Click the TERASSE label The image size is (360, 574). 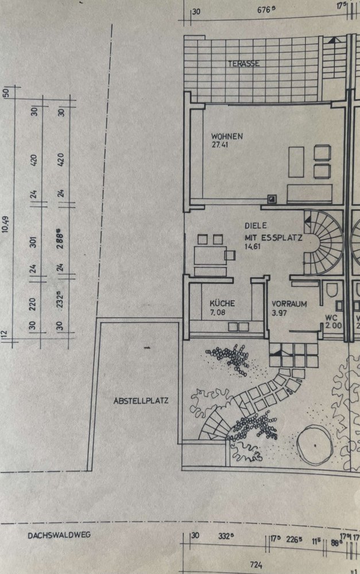pyautogui.click(x=244, y=64)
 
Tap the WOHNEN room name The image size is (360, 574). pyautogui.click(x=227, y=136)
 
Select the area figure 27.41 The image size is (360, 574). pyautogui.click(x=220, y=145)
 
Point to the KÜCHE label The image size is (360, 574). pyautogui.click(x=222, y=304)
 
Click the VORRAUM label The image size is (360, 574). pyautogui.click(x=289, y=304)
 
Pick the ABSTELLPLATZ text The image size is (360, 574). pyautogui.click(x=141, y=401)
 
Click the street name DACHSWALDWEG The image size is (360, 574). pyautogui.click(x=59, y=535)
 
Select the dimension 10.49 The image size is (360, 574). pyautogui.click(x=6, y=224)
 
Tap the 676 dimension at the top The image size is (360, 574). pyautogui.click(x=266, y=10)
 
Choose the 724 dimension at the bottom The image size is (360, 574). pyautogui.click(x=256, y=565)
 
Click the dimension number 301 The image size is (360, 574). pyautogui.click(x=33, y=242)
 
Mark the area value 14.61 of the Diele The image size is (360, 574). pyautogui.click(x=253, y=246)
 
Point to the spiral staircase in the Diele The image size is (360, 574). pyautogui.click(x=322, y=242)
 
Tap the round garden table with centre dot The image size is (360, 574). pyautogui.click(x=315, y=445)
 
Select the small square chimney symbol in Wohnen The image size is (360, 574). pyautogui.click(x=272, y=199)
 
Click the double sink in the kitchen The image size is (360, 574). pyautogui.click(x=238, y=327)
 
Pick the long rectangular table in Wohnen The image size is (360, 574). pyautogui.click(x=296, y=162)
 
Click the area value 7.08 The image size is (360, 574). pyautogui.click(x=218, y=313)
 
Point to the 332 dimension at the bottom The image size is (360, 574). pyautogui.click(x=226, y=536)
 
